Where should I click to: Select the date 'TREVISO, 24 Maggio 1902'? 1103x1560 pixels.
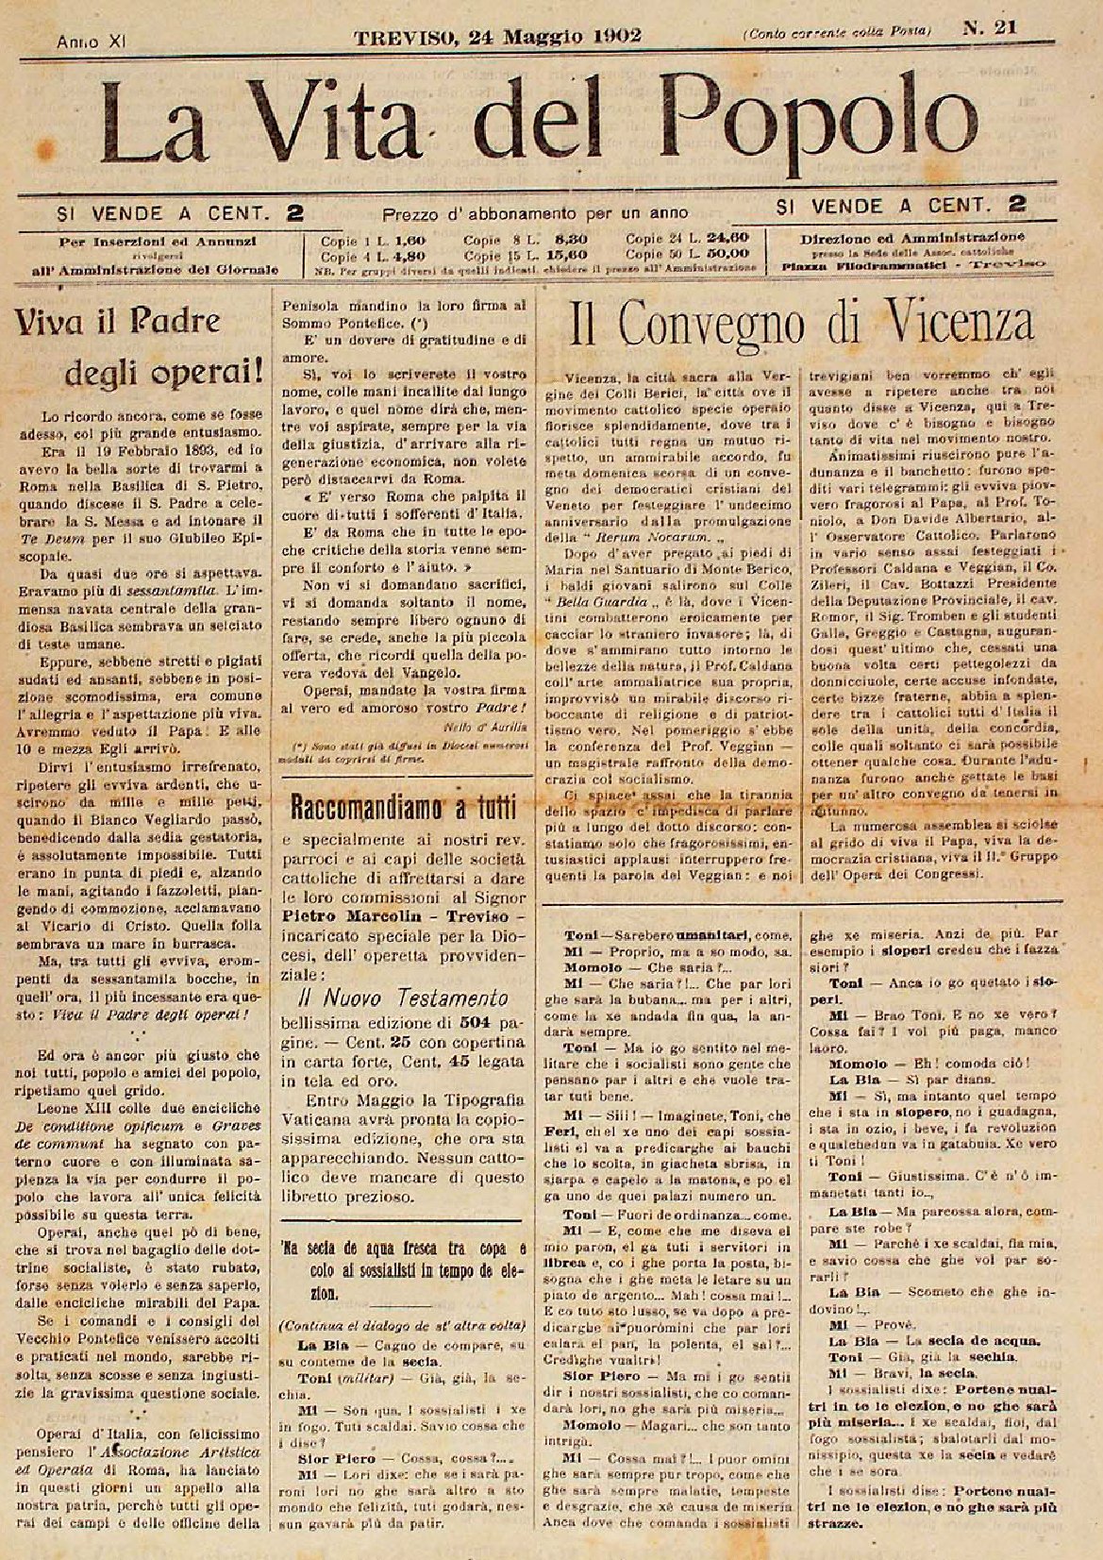coord(497,36)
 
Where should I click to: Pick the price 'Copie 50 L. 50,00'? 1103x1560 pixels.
coord(687,253)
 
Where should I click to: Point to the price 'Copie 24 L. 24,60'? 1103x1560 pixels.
coord(687,239)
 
